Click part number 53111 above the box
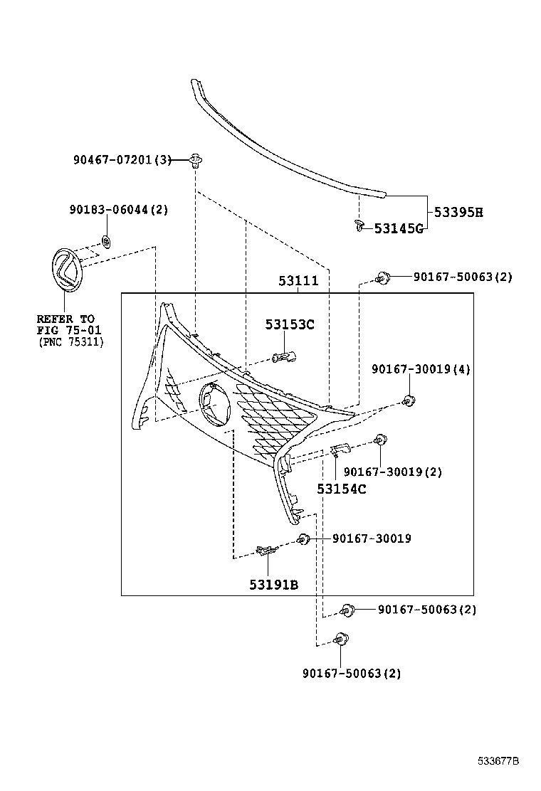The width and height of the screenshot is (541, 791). pos(298,282)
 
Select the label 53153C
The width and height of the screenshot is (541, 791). pos(290,325)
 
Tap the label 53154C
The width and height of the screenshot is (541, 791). pos(342,489)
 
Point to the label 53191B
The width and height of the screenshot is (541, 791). pos(273,584)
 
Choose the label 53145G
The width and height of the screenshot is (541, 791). pos(399,228)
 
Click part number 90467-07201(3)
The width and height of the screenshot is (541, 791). pos(122,160)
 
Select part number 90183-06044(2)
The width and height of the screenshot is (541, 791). pos(118,210)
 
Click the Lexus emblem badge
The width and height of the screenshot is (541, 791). pos(65,270)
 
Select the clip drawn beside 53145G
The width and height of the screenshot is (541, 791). pos(359,227)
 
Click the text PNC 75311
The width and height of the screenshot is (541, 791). pos(71,342)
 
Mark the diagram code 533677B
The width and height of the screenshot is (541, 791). pos(498,761)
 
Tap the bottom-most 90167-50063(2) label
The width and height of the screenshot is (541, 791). pos(352,673)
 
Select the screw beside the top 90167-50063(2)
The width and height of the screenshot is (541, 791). pos(383,277)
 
